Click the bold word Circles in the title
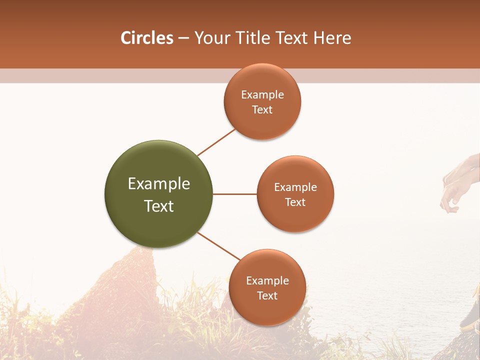tap(146, 38)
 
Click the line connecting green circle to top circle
tap(216, 142)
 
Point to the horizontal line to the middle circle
tap(234, 194)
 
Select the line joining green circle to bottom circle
tap(219, 246)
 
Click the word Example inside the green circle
tap(159, 184)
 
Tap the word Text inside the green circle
tap(159, 206)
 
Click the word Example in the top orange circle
tap(262, 95)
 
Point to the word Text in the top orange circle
tap(262, 110)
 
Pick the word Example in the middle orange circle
tap(295, 187)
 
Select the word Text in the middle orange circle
tap(295, 202)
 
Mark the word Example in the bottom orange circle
tap(267, 281)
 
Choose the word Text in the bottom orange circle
tap(267, 296)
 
